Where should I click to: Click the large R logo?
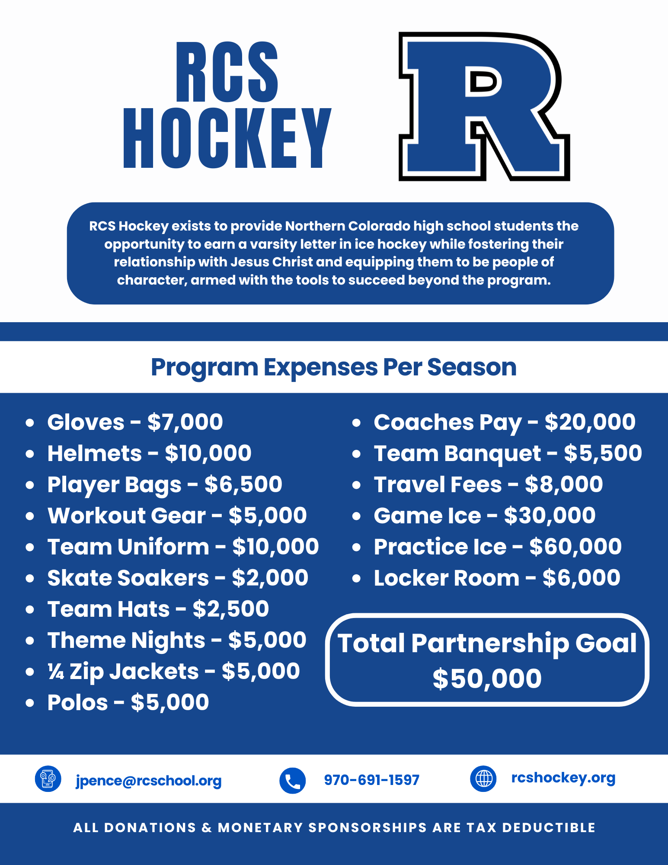point(484,106)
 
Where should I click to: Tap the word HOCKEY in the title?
point(227,139)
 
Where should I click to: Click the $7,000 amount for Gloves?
point(185,422)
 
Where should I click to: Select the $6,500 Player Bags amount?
point(243,484)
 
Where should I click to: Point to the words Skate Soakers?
point(128,578)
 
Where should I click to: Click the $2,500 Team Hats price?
point(231,609)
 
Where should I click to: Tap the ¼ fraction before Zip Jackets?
point(56,672)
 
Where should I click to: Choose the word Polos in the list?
point(77,702)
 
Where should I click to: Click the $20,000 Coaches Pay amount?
point(590,422)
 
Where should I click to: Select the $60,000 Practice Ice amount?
point(575,547)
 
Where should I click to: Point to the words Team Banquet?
point(457,454)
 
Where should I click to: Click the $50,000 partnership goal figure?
point(487,678)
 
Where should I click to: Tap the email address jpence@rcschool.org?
point(149,781)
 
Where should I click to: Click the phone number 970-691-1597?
point(372,780)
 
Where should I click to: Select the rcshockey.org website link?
point(563,778)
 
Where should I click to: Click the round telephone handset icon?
point(293,781)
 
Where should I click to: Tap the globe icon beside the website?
point(483,779)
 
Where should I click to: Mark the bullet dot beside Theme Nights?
point(30,641)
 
